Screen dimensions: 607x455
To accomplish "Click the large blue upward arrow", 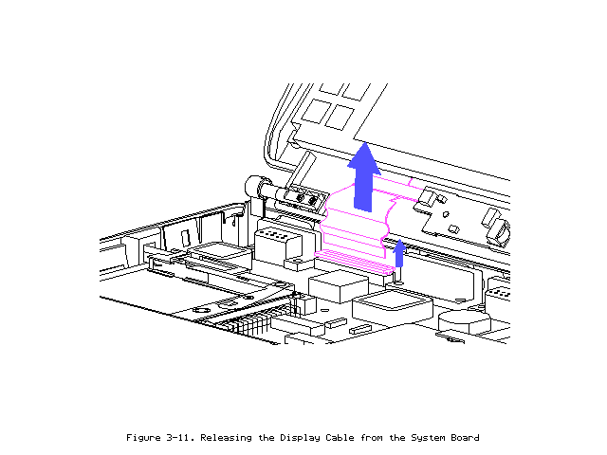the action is (363, 178).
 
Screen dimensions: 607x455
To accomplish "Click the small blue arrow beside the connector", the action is (399, 254).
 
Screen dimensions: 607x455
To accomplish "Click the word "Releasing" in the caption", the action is (226, 438).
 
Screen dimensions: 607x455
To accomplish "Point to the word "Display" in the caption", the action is (300, 438).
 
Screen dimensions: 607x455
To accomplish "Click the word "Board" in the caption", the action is (465, 438).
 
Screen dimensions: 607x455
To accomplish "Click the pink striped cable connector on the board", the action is (354, 262).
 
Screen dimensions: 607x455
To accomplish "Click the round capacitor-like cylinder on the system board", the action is (465, 321).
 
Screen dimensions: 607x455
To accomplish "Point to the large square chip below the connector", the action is (392, 305).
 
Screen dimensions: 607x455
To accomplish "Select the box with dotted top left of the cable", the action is (278, 246).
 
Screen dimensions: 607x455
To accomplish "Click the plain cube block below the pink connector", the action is (338, 286).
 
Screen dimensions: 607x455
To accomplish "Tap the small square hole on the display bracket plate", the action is (454, 229).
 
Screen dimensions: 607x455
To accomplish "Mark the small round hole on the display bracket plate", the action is (446, 214).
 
